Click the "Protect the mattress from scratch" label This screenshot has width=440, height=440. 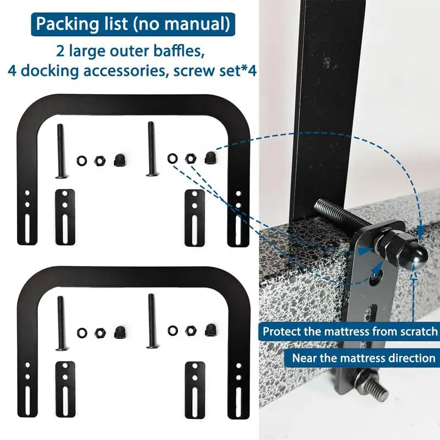pyautogui.click(x=350, y=332)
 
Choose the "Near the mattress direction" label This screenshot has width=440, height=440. pyautogui.click(x=364, y=358)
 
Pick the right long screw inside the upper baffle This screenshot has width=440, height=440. pyautogui.click(x=151, y=148)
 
